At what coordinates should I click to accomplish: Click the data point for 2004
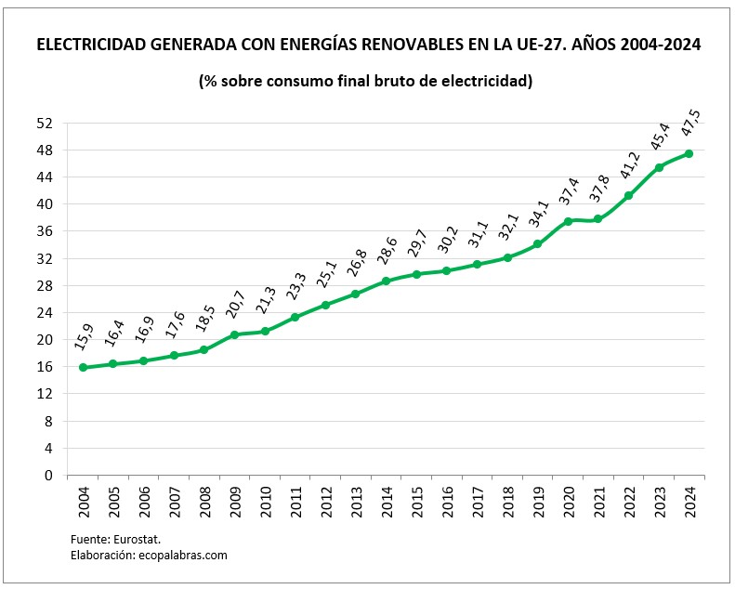83,367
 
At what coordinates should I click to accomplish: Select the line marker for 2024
689,153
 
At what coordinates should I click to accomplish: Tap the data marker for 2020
568,221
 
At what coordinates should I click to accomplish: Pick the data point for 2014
386,281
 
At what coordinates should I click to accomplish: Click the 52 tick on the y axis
45,123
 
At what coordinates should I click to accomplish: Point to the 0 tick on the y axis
48,475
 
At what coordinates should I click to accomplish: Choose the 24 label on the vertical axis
45,312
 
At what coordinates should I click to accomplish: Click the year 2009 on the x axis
234,502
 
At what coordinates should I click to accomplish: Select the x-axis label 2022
629,502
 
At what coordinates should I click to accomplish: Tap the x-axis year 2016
447,502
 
